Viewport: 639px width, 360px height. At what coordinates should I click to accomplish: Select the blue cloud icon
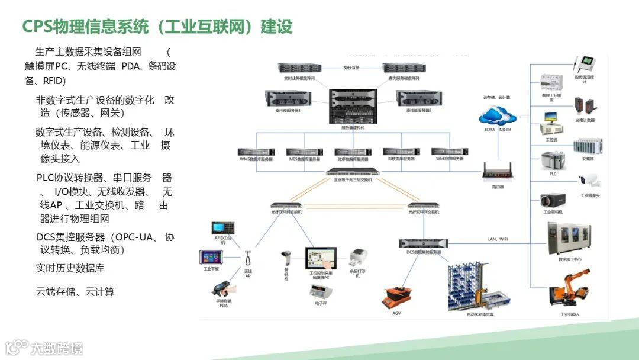(x=498, y=114)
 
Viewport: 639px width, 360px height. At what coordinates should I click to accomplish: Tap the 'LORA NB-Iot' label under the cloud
(x=497, y=129)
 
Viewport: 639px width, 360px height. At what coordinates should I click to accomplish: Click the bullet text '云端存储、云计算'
(x=75, y=291)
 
